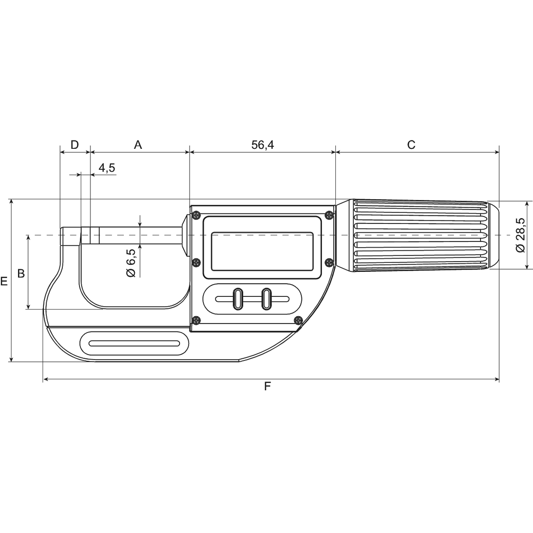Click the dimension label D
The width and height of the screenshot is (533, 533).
point(75,144)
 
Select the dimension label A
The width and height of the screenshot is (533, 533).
point(138,144)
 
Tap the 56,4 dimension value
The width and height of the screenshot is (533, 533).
point(263,144)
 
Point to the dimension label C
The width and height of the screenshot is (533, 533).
point(411,144)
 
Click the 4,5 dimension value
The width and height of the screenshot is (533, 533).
point(106,168)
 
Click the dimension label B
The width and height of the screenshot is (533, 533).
point(21,274)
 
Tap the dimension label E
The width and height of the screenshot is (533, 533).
point(4,281)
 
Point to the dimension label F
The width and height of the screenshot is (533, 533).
point(267,387)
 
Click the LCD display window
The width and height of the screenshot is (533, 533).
point(262,251)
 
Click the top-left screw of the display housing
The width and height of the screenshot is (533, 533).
point(196,215)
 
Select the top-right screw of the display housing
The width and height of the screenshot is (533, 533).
point(329,214)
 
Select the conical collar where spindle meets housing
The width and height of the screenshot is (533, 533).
point(186,235)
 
